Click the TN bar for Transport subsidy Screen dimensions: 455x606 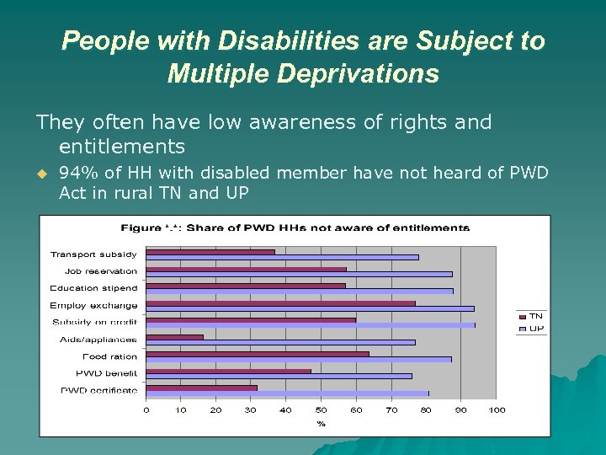pos(210,251)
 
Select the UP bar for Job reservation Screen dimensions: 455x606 pos(299,274)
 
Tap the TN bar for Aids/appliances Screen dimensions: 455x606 pos(175,337)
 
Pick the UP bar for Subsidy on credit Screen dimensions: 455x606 pos(310,325)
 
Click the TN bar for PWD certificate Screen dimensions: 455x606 pos(202,388)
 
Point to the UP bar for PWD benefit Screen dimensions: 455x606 pos(279,376)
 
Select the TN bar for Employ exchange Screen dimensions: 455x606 pos(280,303)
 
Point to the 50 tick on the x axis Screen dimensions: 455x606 pos(322,410)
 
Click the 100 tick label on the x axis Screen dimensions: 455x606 pos(497,410)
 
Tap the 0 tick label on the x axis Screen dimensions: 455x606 pos(146,410)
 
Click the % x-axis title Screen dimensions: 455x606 pos(321,423)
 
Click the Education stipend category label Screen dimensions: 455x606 pos(93,288)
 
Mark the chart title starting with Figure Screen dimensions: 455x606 pos(295,227)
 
